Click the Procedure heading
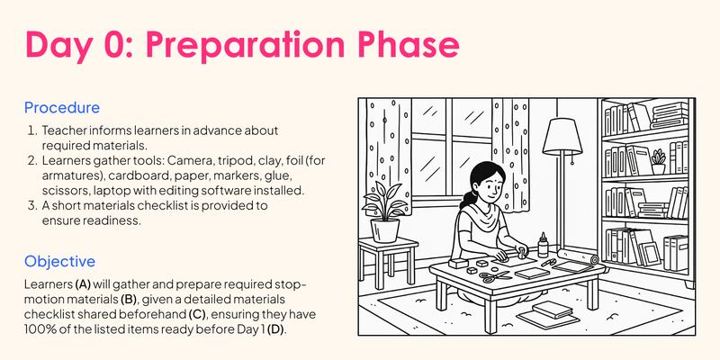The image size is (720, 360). [x=62, y=108]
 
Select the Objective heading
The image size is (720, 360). [x=59, y=262]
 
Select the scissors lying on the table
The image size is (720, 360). [x=490, y=275]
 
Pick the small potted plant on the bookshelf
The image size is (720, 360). [x=659, y=162]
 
